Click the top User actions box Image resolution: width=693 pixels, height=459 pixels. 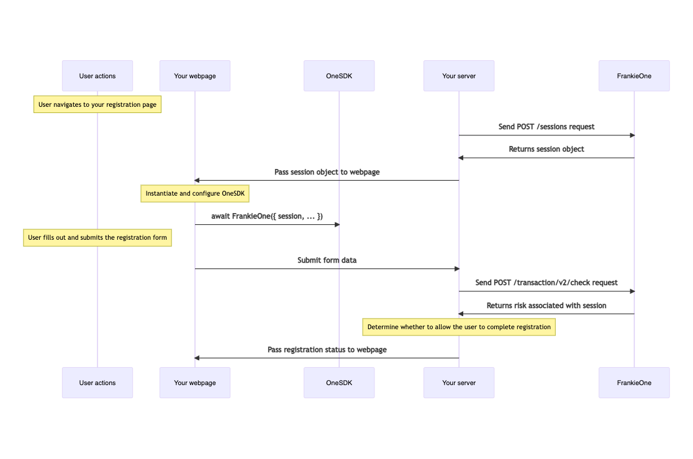tap(97, 76)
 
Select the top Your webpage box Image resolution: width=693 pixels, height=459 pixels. tap(195, 76)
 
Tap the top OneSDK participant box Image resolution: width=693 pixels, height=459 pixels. tap(339, 76)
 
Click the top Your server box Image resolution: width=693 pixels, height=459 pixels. tap(459, 76)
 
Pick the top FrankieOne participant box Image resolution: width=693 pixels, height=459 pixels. tap(634, 76)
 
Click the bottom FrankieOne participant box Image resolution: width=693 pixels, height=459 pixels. tap(634, 383)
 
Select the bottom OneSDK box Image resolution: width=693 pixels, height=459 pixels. tap(339, 383)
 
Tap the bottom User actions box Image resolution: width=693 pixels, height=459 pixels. tap(97, 383)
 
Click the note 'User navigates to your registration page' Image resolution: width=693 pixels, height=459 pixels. tap(97, 105)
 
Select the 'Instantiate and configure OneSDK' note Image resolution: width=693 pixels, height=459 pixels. tap(195, 194)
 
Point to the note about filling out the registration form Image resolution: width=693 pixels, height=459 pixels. tap(97, 238)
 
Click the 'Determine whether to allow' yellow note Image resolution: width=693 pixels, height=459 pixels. tap(459, 327)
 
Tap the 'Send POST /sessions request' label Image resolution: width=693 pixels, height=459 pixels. tap(546, 127)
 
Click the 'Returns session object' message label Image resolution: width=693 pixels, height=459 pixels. tap(546, 149)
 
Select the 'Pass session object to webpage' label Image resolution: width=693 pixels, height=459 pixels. tap(327, 172)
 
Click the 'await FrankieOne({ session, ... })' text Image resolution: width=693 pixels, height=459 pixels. tap(267, 216)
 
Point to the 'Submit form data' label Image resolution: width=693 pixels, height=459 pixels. tap(327, 260)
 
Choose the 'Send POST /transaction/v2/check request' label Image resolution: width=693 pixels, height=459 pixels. tap(546, 283)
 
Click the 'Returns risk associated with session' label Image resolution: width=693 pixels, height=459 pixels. tap(546, 306)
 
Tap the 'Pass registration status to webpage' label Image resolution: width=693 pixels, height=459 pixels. tap(327, 350)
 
